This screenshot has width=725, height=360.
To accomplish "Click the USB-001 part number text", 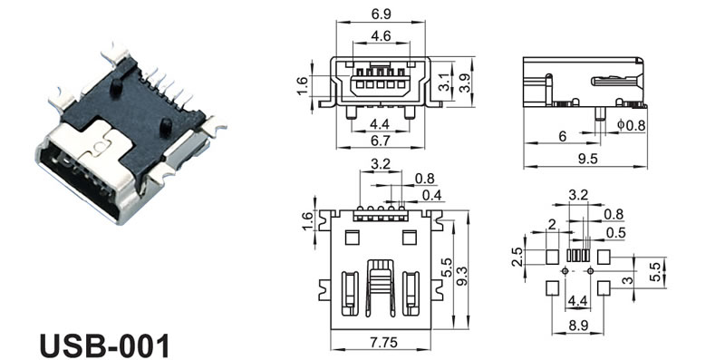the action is click(104, 345).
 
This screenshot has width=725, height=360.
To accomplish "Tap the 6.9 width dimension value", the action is click(381, 15).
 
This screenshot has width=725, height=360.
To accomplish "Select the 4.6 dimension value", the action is click(381, 35).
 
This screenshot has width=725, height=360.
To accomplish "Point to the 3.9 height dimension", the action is click(466, 83).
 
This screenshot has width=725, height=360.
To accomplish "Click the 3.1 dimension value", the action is click(444, 83).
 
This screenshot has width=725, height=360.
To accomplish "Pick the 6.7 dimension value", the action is click(381, 141).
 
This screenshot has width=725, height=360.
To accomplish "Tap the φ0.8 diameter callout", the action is click(632, 124).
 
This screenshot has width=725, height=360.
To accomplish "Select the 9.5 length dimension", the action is click(587, 159).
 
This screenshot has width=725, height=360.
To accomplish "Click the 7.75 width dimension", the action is click(382, 343).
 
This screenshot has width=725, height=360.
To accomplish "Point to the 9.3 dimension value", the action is click(462, 277).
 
